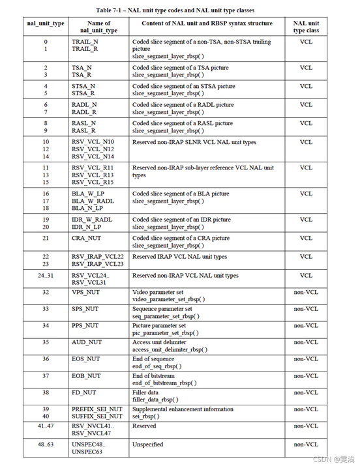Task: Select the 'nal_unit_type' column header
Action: (46, 23)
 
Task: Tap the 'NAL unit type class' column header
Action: (306, 27)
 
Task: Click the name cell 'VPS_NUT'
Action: (85, 293)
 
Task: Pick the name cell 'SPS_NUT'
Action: (85, 309)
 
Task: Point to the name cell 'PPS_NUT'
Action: (85, 325)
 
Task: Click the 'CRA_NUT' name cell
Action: (86, 239)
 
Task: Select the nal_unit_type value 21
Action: (46, 239)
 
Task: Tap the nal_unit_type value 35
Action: (46, 342)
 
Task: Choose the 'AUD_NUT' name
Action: (86, 342)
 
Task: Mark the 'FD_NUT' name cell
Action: (83, 392)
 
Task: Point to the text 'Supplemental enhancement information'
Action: (183, 409)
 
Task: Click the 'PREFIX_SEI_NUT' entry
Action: (97, 409)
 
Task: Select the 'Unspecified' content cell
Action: (147, 444)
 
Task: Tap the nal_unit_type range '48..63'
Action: (46, 444)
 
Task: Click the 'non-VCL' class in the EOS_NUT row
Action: (306, 359)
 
